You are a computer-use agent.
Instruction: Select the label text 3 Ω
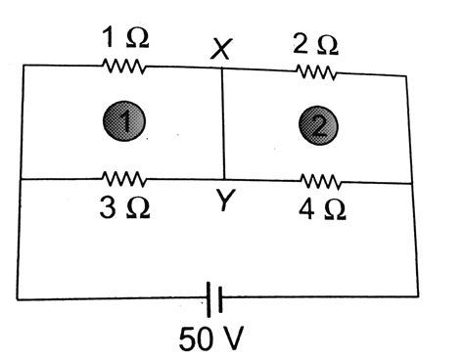click(124, 208)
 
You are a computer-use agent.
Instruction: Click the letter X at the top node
click(222, 49)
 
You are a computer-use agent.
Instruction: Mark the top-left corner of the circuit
click(23, 66)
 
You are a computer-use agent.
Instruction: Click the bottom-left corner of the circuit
click(18, 296)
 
